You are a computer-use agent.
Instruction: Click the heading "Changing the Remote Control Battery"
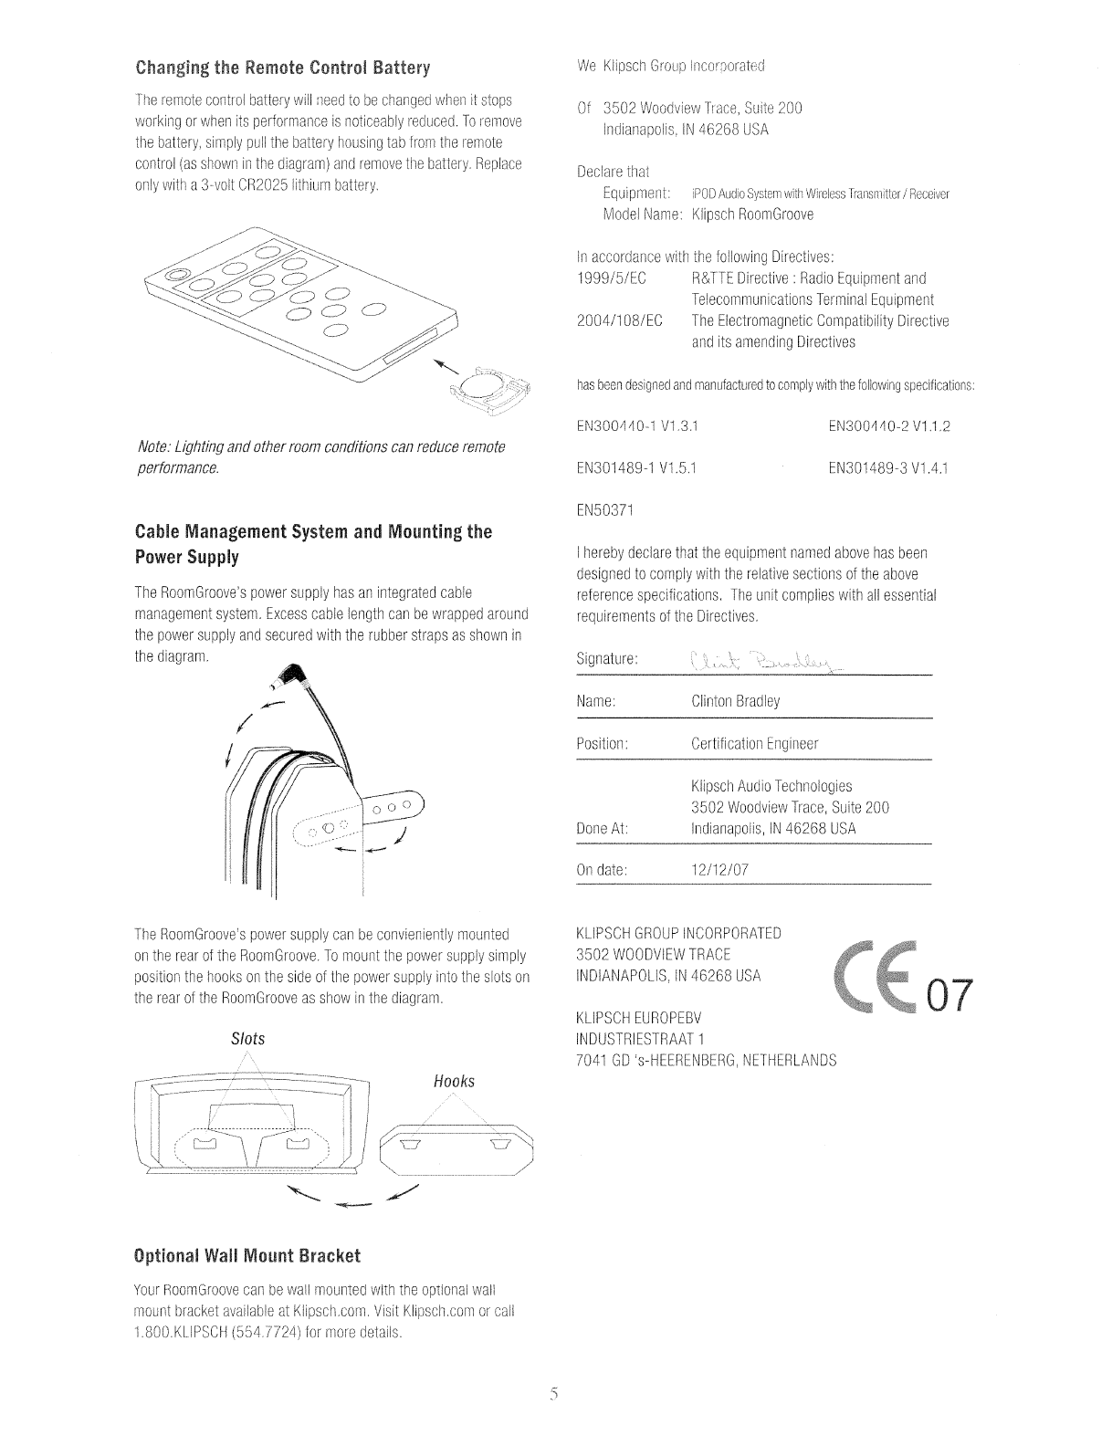(x=282, y=68)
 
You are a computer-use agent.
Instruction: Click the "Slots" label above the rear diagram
(x=247, y=1039)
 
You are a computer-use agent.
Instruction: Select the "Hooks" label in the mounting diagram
(x=455, y=1082)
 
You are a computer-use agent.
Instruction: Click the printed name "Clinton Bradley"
(x=736, y=701)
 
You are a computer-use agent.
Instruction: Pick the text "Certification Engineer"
(x=755, y=743)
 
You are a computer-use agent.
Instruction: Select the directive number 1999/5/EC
(x=613, y=278)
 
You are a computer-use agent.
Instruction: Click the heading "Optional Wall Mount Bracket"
(x=247, y=1255)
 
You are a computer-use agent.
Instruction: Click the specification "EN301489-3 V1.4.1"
(x=888, y=468)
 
